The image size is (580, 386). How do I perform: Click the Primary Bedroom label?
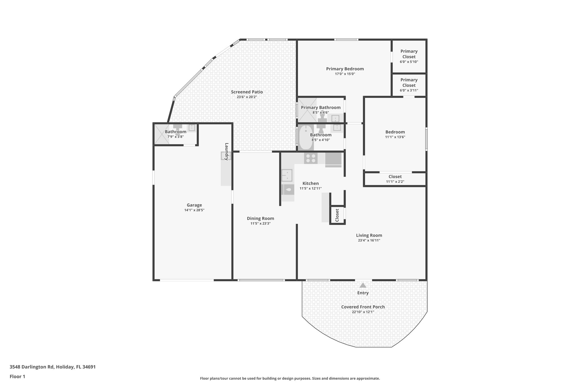(345, 69)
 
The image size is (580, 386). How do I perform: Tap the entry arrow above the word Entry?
(363, 286)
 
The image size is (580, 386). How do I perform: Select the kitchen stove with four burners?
(311, 158)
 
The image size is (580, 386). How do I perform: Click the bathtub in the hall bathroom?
(306, 138)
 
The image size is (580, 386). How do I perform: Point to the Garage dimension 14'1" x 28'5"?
(194, 210)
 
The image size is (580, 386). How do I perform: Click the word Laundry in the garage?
(227, 152)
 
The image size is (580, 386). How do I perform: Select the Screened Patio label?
(247, 92)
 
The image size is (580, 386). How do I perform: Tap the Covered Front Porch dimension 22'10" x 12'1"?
(363, 312)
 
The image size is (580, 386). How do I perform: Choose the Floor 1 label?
(17, 376)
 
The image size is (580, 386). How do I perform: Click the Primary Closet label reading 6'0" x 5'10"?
(409, 62)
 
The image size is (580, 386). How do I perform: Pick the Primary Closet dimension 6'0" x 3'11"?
(409, 90)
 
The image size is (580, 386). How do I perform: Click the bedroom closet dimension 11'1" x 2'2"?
(395, 182)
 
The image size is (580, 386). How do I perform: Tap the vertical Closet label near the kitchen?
(337, 215)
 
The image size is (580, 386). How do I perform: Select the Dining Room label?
(260, 218)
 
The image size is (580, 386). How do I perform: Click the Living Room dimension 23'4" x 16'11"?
(369, 240)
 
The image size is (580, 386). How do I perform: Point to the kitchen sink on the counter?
(287, 175)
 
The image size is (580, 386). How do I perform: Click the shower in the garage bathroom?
(161, 135)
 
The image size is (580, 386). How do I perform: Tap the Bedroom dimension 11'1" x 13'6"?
(395, 137)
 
